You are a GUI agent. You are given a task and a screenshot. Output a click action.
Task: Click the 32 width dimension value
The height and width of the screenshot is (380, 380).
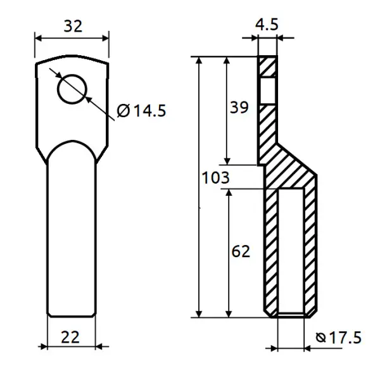pyautogui.click(x=73, y=26)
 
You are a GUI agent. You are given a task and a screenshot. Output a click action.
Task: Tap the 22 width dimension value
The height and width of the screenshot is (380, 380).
pyautogui.click(x=70, y=337)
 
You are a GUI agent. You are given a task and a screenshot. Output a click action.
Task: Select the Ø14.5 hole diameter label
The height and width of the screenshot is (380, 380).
pyautogui.click(x=141, y=111)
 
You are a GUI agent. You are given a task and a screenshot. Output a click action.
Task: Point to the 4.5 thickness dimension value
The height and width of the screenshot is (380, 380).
pyautogui.click(x=267, y=24)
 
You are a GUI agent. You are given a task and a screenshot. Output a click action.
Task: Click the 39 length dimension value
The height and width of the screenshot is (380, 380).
pyautogui.click(x=239, y=108)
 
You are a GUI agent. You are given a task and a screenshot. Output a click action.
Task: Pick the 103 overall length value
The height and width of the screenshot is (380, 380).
pyautogui.click(x=216, y=177)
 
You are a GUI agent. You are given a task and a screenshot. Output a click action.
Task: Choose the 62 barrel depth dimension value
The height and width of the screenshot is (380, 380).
pyautogui.click(x=241, y=251)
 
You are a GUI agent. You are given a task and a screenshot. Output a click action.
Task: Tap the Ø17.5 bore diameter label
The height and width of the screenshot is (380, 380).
pyautogui.click(x=339, y=338)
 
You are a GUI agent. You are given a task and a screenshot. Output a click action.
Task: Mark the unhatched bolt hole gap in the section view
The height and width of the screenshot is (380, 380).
pyautogui.click(x=267, y=91)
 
